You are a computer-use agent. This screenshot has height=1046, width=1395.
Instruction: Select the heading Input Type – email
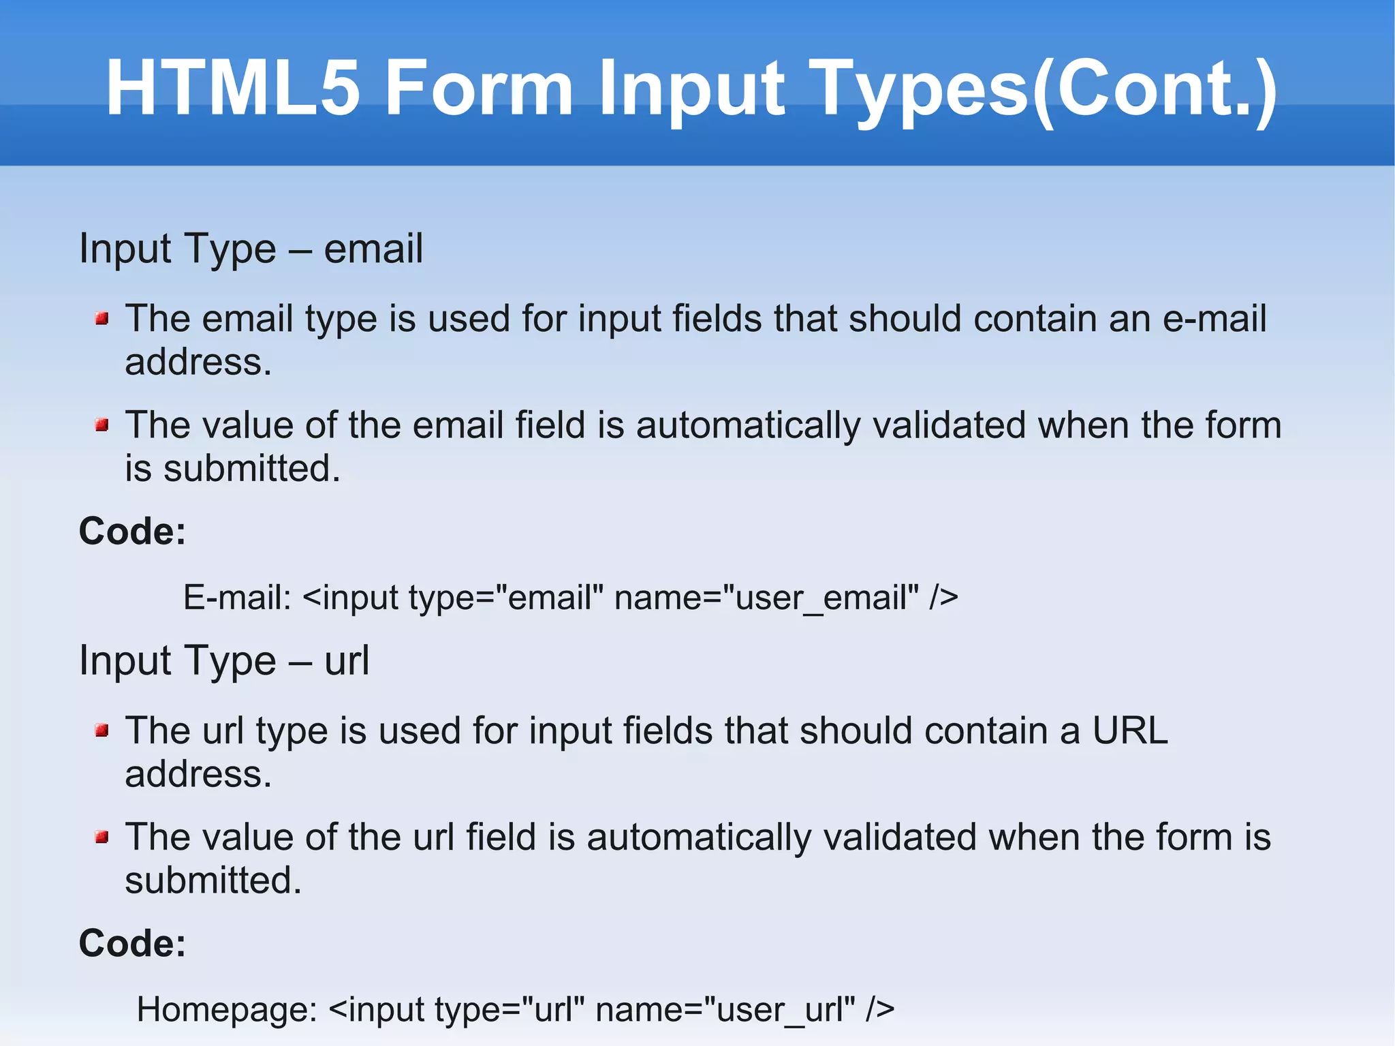point(251,249)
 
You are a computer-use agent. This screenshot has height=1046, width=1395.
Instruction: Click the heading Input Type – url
point(224,660)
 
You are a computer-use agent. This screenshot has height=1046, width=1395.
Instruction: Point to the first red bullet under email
point(102,318)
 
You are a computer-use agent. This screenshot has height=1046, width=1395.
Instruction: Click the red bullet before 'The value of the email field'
point(102,425)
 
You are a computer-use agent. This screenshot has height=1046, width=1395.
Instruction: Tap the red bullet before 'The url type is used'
point(102,731)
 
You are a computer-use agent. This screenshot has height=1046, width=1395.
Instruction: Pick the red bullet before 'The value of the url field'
point(102,837)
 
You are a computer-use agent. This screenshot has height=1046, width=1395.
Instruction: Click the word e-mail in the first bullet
point(1214,318)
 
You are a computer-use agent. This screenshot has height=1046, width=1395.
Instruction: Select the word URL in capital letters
point(1130,730)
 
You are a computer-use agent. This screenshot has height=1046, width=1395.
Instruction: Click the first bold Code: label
point(132,531)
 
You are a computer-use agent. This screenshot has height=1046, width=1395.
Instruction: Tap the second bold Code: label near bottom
point(132,943)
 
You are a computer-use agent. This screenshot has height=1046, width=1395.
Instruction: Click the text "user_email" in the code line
point(821,598)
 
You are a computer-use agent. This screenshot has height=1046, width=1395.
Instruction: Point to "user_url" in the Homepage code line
point(779,1010)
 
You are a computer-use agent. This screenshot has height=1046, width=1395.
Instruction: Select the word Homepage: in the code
point(227,1010)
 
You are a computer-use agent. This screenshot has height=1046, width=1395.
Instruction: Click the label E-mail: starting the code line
point(237,598)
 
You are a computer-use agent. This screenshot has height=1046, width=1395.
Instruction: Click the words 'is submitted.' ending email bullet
point(232,469)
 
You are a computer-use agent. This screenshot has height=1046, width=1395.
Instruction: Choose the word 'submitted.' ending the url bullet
point(213,880)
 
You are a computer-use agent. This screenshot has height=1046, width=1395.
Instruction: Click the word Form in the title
point(479,89)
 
